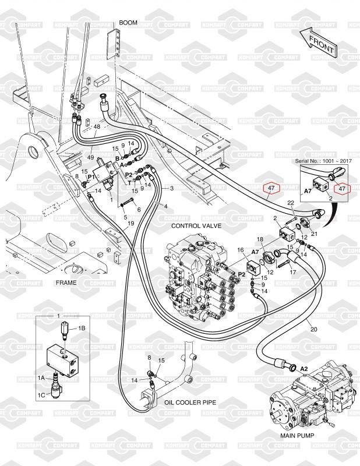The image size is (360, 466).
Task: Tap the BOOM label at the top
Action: pyautogui.click(x=128, y=23)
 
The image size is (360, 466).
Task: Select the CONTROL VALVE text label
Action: pyautogui.click(x=196, y=226)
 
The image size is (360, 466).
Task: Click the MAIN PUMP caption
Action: pyautogui.click(x=297, y=436)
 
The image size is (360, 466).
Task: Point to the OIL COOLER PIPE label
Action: pyautogui.click(x=190, y=403)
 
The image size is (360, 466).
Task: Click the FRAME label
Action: pyautogui.click(x=66, y=283)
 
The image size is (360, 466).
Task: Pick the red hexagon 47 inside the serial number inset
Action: pyautogui.click(x=342, y=188)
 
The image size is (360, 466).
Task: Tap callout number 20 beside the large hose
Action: pyautogui.click(x=313, y=329)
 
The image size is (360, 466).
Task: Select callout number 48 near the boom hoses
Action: pyautogui.click(x=97, y=126)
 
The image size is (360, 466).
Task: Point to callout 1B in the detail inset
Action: pyautogui.click(x=82, y=329)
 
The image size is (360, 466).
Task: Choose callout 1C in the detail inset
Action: pyautogui.click(x=41, y=396)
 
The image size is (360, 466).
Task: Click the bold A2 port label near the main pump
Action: pyautogui.click(x=304, y=369)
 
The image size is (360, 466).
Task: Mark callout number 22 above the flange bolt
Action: pyautogui.click(x=291, y=203)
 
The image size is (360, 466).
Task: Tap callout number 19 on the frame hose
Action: pyautogui.click(x=130, y=223)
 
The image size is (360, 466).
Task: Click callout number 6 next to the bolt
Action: pyautogui.click(x=139, y=210)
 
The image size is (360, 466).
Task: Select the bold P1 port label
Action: pyautogui.click(x=91, y=177)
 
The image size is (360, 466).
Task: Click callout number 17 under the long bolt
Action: pyautogui.click(x=293, y=272)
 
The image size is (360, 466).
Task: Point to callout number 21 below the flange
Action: pyautogui.click(x=314, y=234)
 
